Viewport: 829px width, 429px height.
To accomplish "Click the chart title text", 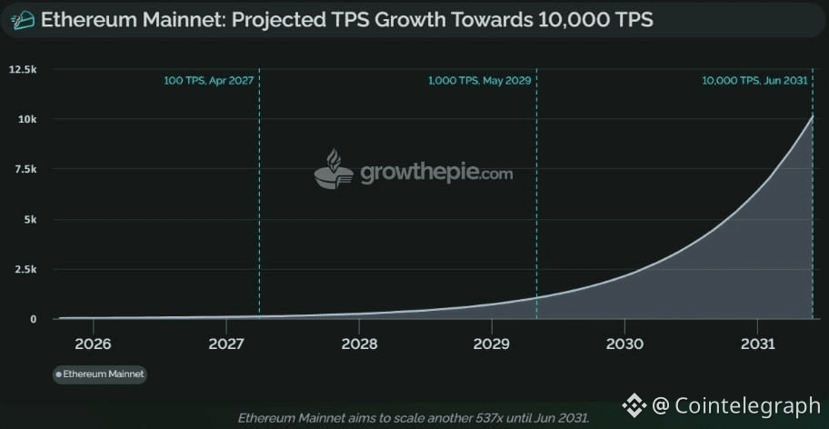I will click(x=346, y=19).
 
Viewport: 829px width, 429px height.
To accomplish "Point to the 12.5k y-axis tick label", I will click(x=23, y=69).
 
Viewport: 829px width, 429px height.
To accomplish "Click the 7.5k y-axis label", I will click(x=25, y=169).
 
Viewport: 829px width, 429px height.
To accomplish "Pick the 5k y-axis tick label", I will click(x=29, y=219).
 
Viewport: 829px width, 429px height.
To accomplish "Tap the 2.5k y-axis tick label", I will click(x=25, y=269).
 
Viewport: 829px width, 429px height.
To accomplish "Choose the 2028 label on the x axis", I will click(x=359, y=344).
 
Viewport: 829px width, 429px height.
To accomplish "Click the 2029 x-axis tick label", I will click(x=492, y=344).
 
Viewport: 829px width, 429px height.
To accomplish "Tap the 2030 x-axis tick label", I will click(x=624, y=344).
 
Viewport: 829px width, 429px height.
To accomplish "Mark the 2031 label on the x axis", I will click(x=757, y=344).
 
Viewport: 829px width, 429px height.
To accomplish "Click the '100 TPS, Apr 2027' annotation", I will click(x=208, y=81).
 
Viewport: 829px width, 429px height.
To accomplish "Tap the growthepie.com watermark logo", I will click(x=414, y=171).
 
